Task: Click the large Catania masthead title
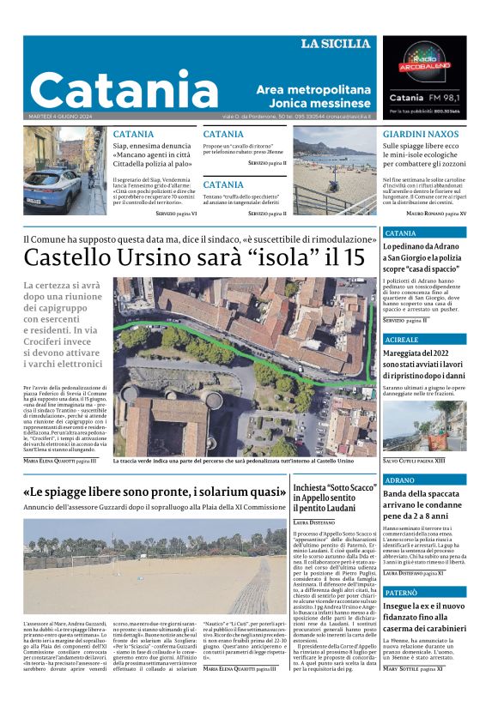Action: coord(125,89)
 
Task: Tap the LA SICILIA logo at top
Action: coord(335,44)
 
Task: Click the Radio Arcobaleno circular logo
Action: coord(427,63)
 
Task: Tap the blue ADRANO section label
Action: coord(399,480)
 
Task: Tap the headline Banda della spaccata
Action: coord(424,504)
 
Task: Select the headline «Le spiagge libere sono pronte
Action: coord(155,492)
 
